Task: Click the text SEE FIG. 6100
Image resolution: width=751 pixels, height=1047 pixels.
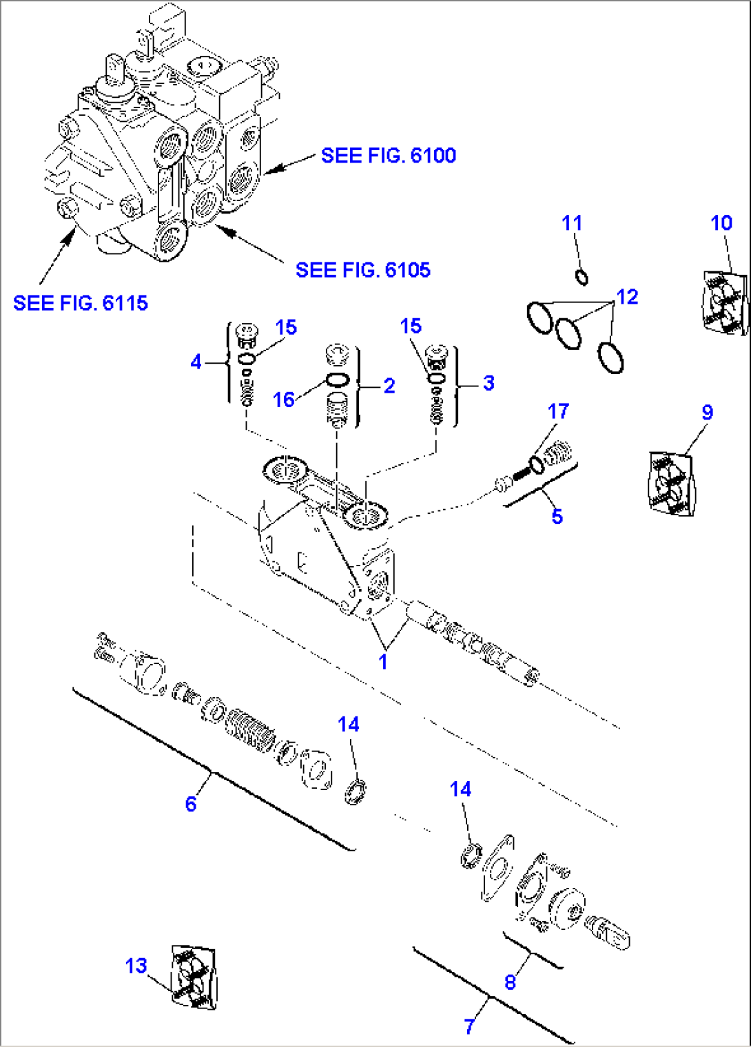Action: pyautogui.click(x=388, y=156)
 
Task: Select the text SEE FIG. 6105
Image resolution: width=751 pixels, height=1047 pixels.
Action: pyautogui.click(x=362, y=270)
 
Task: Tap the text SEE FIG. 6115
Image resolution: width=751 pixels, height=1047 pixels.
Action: pyautogui.click(x=81, y=303)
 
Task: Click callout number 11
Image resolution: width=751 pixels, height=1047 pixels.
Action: pyautogui.click(x=572, y=223)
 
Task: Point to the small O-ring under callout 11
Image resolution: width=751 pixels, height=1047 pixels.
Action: pyautogui.click(x=582, y=278)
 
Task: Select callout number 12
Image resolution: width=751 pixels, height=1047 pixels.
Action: pyautogui.click(x=627, y=297)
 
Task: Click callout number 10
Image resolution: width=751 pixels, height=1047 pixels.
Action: pyautogui.click(x=721, y=223)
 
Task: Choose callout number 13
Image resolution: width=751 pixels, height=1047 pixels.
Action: pyautogui.click(x=136, y=966)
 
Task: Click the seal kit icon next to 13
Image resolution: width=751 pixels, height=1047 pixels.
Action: pyautogui.click(x=193, y=977)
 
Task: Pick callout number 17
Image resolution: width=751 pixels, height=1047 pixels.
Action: pyautogui.click(x=558, y=411)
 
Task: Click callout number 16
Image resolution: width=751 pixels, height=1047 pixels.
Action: pyautogui.click(x=283, y=400)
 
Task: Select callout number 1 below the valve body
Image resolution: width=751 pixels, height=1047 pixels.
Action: pyautogui.click(x=383, y=661)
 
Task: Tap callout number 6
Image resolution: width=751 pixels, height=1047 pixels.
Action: pyautogui.click(x=191, y=804)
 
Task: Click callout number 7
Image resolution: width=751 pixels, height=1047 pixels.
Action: pyautogui.click(x=469, y=1026)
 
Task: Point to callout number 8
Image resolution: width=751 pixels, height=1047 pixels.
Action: pyautogui.click(x=510, y=982)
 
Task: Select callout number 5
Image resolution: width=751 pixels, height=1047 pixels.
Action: pyautogui.click(x=557, y=517)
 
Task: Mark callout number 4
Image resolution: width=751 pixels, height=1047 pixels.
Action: pyautogui.click(x=196, y=362)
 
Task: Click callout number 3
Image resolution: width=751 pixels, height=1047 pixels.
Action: pyautogui.click(x=488, y=383)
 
